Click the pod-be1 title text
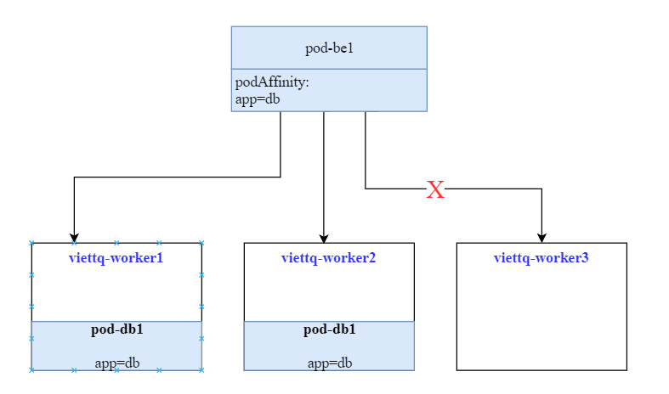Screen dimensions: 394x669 329,48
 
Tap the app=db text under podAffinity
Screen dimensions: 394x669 258,98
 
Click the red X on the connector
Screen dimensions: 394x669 435,189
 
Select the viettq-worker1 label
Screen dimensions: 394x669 116,257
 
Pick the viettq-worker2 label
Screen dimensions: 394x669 328,257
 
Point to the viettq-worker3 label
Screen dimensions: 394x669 541,257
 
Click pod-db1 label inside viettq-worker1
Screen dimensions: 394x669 116,329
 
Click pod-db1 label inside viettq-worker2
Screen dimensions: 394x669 329,329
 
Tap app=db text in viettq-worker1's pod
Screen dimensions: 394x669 116,363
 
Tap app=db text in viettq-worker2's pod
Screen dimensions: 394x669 329,363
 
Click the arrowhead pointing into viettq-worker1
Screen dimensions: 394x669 74,237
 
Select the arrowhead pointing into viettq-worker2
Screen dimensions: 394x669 324,237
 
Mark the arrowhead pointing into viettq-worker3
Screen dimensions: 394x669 541,237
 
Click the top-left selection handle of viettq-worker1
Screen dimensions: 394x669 31,243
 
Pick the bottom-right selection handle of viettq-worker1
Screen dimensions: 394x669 201,370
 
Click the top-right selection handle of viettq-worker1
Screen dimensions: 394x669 201,243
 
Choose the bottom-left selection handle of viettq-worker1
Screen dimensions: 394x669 31,370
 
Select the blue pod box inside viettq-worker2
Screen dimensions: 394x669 329,346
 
